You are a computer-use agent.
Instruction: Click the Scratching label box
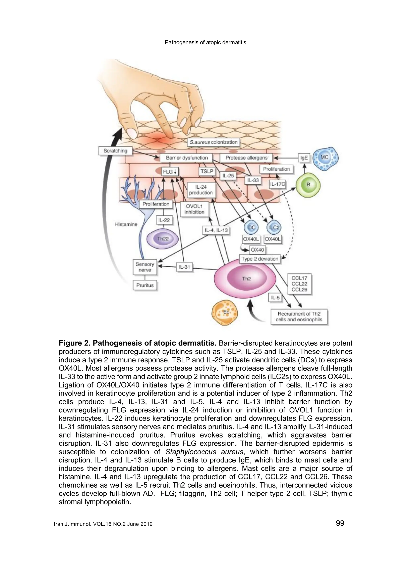pyautogui.click(x=115, y=151)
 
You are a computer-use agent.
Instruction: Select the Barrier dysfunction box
pyautogui.click(x=187, y=158)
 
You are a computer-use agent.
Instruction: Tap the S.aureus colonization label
pyautogui.click(x=214, y=142)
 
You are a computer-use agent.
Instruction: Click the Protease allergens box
pyautogui.click(x=246, y=158)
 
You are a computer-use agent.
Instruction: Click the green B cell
pyautogui.click(x=308, y=185)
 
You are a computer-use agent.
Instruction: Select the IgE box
pyautogui.click(x=304, y=158)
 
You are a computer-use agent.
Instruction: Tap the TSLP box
pyautogui.click(x=207, y=171)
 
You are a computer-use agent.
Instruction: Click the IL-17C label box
pyautogui.click(x=277, y=184)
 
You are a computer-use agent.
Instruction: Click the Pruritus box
pyautogui.click(x=145, y=285)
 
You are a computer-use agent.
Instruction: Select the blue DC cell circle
pyautogui.click(x=251, y=227)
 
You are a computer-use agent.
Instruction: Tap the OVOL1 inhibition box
pyautogui.click(x=194, y=209)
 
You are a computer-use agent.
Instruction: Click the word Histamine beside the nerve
pyautogui.click(x=126, y=224)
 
